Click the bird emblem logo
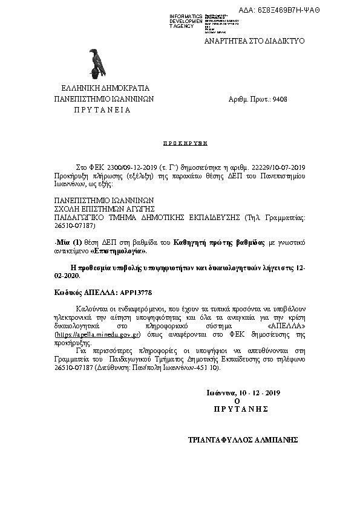(x=94, y=63)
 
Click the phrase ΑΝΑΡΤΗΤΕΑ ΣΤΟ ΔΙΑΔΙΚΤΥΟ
(x=254, y=41)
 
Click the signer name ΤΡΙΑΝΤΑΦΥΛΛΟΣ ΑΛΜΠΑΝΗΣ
(x=244, y=441)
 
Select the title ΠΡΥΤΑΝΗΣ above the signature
(x=241, y=409)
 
